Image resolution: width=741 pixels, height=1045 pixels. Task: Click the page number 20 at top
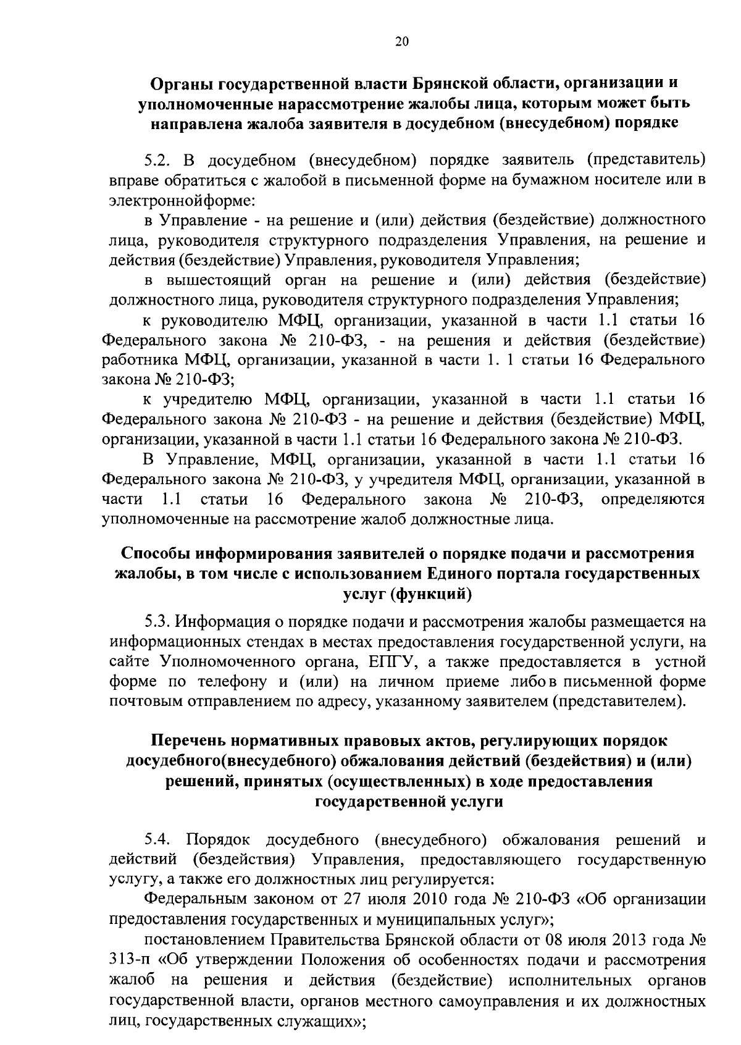coord(401,42)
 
